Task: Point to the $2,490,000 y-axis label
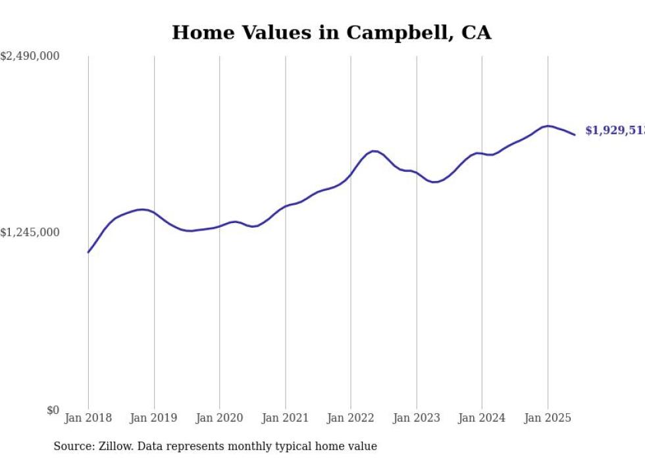[30, 57]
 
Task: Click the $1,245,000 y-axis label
[30, 232]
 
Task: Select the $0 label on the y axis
[53, 410]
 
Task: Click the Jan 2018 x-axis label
[88, 418]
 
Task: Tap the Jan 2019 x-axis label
[154, 418]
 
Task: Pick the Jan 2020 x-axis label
[219, 418]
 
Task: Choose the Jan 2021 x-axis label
[285, 418]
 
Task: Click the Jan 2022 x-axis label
[351, 418]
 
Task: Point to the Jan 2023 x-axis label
[416, 418]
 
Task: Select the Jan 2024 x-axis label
[482, 418]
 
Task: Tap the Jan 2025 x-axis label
[548, 418]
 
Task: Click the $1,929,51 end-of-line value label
[615, 131]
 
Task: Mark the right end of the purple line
[575, 135]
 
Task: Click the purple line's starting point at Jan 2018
[88, 252]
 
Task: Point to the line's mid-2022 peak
[374, 151]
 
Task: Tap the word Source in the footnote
[74, 446]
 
